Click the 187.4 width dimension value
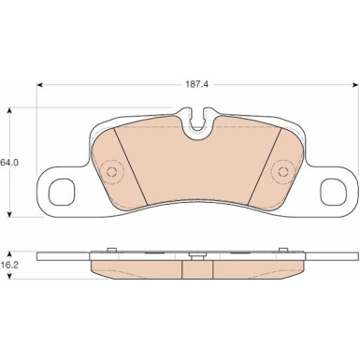197,85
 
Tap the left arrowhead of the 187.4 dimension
39,85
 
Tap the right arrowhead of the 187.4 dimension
355,85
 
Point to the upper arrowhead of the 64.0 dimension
10,110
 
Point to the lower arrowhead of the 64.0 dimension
10,214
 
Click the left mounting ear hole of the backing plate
62,192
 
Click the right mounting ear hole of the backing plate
334,192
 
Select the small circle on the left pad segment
111,171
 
